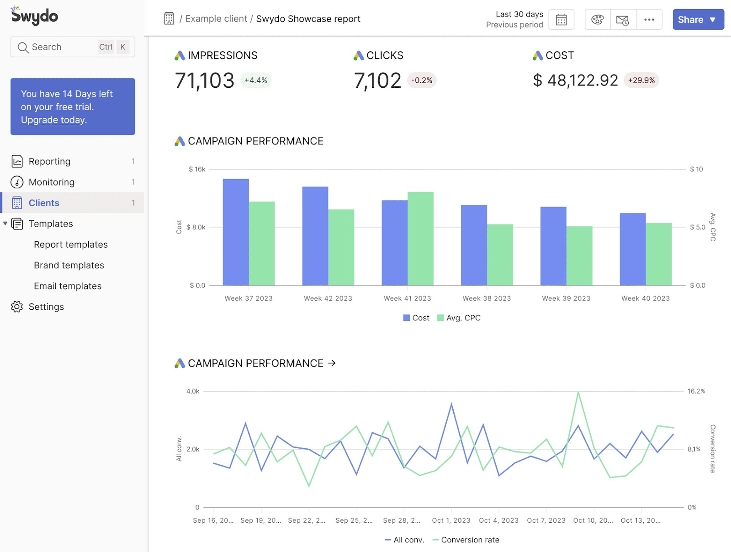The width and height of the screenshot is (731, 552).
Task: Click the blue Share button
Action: pos(697,20)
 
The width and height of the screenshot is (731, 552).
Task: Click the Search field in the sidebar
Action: pos(64,47)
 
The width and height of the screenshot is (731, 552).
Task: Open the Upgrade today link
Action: pos(53,120)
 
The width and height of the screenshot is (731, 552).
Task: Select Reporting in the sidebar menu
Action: pos(49,161)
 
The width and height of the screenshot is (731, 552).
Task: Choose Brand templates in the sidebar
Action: pos(69,265)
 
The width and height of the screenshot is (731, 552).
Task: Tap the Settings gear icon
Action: pos(17,307)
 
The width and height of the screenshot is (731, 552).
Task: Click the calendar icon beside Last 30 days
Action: pos(561,20)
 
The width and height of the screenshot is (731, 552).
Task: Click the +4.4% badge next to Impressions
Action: pos(255,80)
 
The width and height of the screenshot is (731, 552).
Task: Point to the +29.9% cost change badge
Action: pos(641,80)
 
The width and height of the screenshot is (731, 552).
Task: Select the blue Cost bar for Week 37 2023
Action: pos(236,232)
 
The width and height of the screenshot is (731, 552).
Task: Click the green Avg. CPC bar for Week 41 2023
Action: pos(420,239)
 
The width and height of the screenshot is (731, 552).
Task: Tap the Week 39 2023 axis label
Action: pos(566,298)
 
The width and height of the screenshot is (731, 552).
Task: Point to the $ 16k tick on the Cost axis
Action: pos(197,170)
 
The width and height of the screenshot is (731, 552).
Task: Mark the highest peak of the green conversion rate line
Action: pos(578,392)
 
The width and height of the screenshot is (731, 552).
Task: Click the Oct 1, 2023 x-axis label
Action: pos(451,520)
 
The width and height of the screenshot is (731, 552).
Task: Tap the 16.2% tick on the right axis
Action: pos(696,392)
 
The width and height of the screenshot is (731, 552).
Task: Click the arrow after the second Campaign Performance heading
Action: pos(332,363)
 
